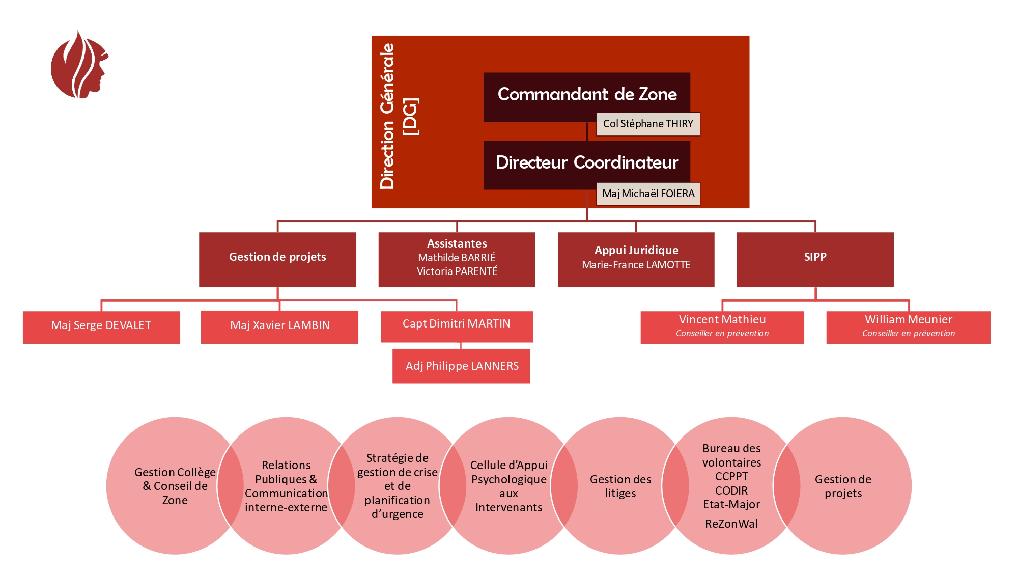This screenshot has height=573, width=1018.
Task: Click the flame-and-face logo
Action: click(79, 65)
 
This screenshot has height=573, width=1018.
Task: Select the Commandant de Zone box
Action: click(560, 95)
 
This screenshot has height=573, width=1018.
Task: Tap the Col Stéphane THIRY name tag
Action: click(648, 124)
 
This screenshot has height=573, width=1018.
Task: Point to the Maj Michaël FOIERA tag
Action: click(648, 194)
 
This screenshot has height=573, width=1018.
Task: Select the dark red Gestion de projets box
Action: click(277, 259)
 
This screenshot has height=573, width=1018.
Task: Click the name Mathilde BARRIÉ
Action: click(457, 258)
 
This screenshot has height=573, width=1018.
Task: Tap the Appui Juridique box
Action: click(636, 259)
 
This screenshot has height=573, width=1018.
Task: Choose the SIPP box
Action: click(815, 259)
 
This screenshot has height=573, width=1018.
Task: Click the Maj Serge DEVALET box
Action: click(101, 327)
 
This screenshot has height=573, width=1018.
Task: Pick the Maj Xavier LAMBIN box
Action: click(279, 327)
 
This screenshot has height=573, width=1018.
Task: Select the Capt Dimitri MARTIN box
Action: click(457, 326)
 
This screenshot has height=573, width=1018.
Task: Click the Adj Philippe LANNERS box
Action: click(461, 366)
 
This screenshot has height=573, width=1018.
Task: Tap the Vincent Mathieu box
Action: click(722, 327)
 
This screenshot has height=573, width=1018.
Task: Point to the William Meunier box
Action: click(908, 327)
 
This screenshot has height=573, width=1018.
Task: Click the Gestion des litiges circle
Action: click(620, 486)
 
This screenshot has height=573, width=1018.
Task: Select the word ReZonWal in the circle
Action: click(731, 524)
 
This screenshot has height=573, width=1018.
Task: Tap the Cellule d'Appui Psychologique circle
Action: click(508, 486)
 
